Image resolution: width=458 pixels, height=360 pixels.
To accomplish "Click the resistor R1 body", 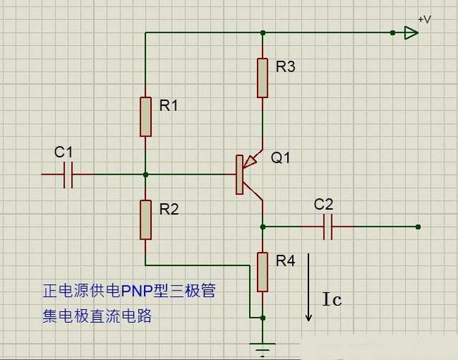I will point(146,117).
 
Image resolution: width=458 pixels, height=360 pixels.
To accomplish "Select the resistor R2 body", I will point(146,220).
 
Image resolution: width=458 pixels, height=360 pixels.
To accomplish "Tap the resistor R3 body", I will point(263,78).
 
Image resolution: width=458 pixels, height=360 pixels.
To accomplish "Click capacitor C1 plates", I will point(69,174).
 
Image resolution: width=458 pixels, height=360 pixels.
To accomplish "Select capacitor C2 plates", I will point(328,227).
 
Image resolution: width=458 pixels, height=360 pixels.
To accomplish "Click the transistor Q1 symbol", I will point(247,174).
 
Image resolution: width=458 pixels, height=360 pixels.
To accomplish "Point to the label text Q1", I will point(281,157).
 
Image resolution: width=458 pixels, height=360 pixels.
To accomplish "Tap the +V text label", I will point(424,19).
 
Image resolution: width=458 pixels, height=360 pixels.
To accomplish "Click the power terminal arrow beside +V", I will point(410,32).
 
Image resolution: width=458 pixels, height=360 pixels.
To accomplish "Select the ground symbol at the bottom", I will point(263,350).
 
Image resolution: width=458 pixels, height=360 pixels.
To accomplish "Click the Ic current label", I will point(331,300).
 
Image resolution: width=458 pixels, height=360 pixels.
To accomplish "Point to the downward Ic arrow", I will point(309,286).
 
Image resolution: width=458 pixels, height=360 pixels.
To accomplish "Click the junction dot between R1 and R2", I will point(146,174).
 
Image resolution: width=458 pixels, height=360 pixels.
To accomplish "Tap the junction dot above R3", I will point(263,32).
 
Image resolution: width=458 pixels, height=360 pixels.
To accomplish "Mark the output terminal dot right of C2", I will point(418,227).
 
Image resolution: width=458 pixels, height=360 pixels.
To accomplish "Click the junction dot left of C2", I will point(263,227).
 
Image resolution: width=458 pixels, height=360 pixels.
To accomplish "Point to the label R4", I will point(286,261).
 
